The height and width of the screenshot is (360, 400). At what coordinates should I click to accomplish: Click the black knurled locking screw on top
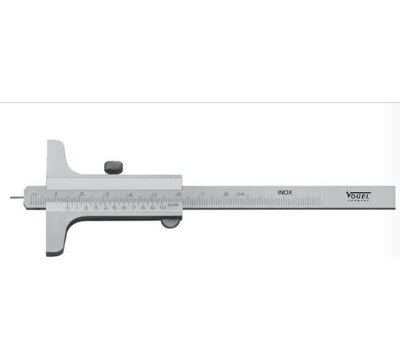point(114,167)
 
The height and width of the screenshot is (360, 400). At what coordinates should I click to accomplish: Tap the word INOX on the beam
point(285,191)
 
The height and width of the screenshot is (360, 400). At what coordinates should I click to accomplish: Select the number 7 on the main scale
point(203,193)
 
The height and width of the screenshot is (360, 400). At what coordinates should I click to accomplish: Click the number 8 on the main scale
point(226,193)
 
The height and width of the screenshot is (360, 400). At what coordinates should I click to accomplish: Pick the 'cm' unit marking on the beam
point(241,194)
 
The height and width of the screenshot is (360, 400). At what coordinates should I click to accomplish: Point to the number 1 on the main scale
point(57,194)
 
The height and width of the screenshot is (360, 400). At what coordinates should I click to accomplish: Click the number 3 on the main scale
point(106,194)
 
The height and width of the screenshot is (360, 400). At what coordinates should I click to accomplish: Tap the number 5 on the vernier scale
point(115,208)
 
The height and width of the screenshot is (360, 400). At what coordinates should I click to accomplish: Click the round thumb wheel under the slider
point(170,224)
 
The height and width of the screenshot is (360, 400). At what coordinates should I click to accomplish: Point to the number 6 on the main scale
point(179,194)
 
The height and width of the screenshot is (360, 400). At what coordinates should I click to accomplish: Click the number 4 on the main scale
point(130,194)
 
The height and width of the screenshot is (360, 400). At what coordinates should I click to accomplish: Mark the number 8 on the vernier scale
point(144,208)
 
